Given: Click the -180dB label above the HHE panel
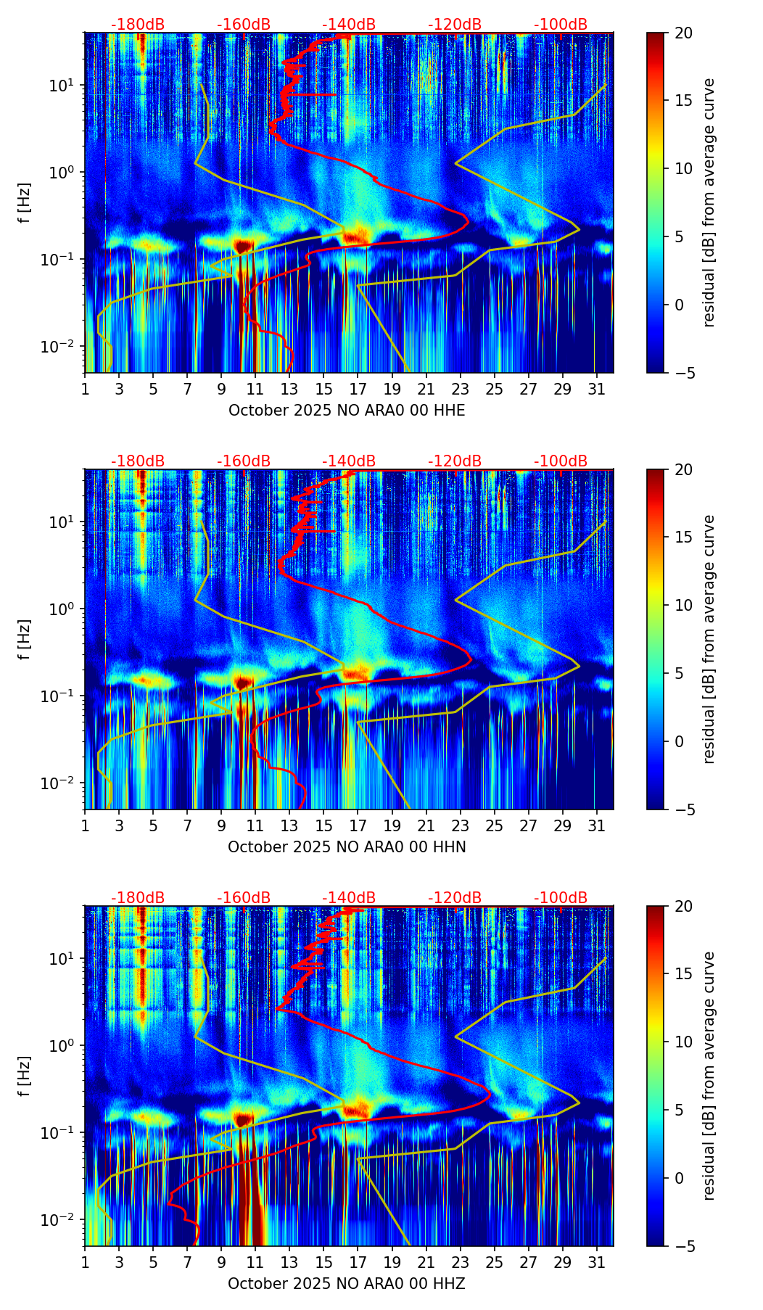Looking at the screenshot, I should (138, 25).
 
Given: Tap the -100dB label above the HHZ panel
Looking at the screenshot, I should (561, 898).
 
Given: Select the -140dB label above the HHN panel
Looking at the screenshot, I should (349, 461).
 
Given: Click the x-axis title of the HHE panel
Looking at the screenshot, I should (347, 411).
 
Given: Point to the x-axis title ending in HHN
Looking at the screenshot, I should (347, 847).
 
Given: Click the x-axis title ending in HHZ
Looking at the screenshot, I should (347, 1284).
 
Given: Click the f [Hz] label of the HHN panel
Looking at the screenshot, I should (25, 639).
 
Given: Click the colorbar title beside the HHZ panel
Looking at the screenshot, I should (709, 1076).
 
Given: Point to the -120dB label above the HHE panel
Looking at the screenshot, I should (455, 25).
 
